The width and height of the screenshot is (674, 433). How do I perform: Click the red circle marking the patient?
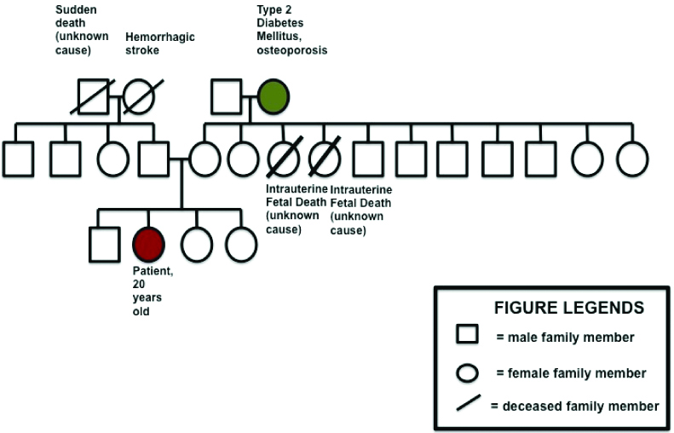point(147,244)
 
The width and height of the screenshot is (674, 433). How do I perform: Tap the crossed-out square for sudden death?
point(93,95)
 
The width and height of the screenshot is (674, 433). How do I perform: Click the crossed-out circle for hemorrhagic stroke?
point(139,95)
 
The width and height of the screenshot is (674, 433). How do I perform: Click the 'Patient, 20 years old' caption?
point(147,291)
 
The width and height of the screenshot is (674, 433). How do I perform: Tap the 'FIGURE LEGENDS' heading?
point(569,308)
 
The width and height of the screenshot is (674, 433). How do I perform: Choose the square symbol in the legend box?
point(466,336)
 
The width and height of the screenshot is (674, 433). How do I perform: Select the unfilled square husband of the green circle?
point(227,95)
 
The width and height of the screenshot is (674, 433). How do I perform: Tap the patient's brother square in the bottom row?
point(104,244)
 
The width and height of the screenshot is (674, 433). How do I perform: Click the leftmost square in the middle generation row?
point(19,159)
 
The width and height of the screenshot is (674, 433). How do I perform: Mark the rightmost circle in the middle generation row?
point(632,159)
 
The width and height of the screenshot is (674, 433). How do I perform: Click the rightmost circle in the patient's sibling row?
point(241,244)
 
